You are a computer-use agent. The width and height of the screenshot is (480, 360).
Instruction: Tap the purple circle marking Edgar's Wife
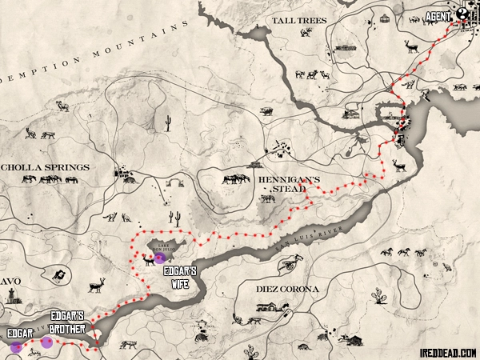(160, 258)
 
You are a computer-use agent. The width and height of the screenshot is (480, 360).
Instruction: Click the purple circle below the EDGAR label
(15, 347)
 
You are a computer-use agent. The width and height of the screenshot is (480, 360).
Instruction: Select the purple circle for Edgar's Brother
(47, 342)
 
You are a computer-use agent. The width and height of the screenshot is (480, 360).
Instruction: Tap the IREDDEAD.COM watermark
(446, 351)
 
